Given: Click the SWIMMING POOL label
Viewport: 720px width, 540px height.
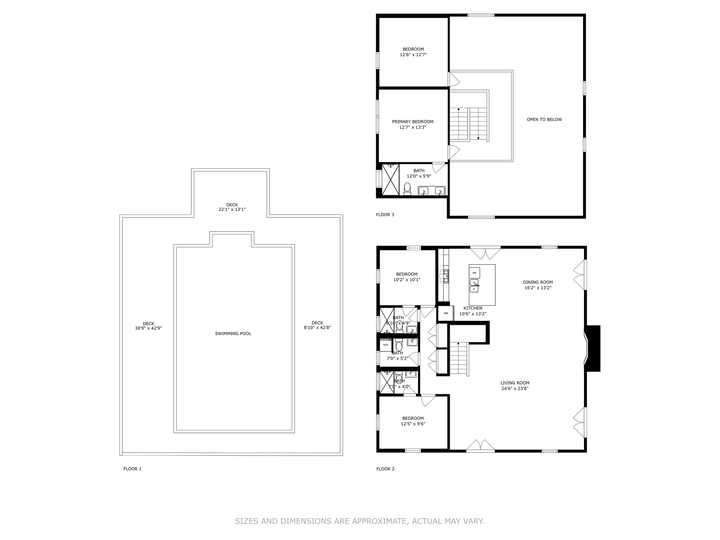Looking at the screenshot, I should (233, 334).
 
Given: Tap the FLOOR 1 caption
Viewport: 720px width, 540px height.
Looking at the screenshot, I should (132, 469).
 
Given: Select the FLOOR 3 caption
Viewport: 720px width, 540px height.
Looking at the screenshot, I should (385, 215).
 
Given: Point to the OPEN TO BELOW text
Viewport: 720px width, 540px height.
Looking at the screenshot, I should (544, 120).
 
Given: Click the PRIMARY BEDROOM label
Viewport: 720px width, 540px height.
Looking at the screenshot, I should (412, 122).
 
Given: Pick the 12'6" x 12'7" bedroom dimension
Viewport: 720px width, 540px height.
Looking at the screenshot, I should (413, 55).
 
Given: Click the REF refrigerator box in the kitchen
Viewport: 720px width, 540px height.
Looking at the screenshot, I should (446, 313).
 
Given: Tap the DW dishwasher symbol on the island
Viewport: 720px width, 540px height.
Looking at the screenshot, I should (474, 273).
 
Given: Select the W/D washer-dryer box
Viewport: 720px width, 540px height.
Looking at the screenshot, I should (386, 345).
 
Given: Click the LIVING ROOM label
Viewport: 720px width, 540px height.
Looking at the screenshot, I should (515, 383).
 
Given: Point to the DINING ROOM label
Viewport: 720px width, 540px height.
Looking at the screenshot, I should (538, 282).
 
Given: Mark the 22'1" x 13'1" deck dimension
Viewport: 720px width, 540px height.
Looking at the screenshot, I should (232, 210).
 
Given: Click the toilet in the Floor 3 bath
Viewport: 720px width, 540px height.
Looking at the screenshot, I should (407, 188).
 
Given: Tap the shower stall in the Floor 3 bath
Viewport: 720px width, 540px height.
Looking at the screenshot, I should (390, 180).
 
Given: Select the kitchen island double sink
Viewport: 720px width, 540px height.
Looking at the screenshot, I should (474, 286).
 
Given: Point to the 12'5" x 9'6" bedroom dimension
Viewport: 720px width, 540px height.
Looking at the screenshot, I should (413, 424).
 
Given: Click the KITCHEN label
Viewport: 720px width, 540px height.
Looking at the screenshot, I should (473, 308).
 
